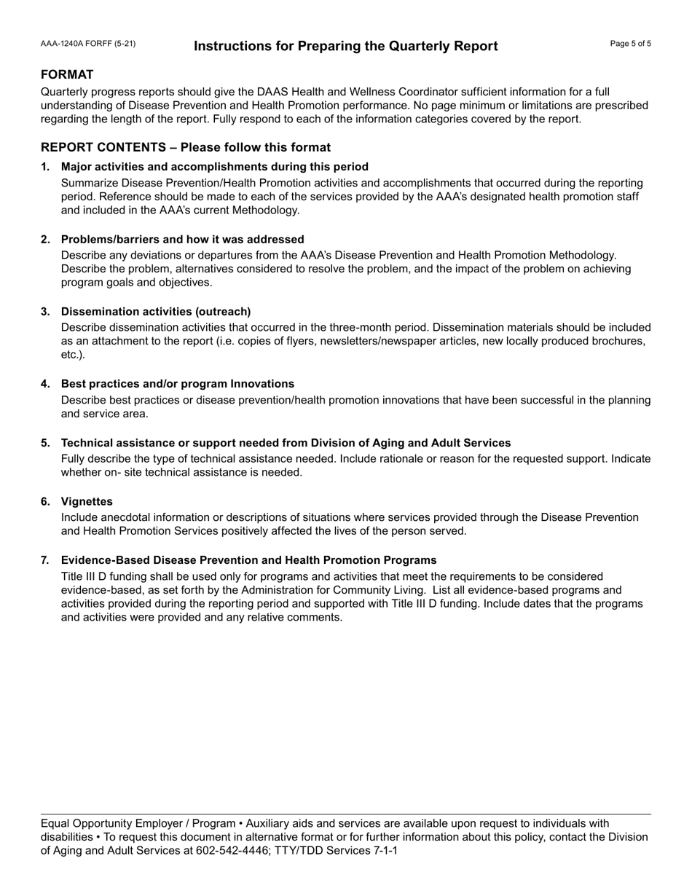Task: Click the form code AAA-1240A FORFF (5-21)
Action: coord(87,44)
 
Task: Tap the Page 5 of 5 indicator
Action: coord(630,44)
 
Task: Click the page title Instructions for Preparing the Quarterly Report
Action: coord(346,47)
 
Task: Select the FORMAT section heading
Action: coord(67,75)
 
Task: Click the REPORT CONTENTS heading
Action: coord(185,147)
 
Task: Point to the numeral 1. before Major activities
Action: coord(45,167)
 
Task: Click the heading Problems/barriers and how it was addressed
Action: coord(182,240)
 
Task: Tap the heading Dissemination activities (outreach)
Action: coord(156,312)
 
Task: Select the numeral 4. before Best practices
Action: coord(45,384)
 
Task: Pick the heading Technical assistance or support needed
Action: coord(286,443)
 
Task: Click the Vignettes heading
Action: coord(87,502)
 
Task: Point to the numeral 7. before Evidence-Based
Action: coord(45,560)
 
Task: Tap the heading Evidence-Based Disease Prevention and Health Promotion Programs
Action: coord(248,560)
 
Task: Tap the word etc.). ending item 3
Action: coord(73,355)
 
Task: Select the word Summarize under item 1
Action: coord(87,183)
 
